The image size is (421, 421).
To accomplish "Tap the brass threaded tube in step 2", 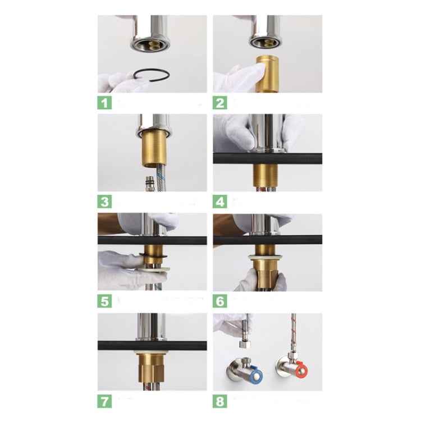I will pos(267,74).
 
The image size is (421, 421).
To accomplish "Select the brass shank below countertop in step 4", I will pos(266,177).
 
